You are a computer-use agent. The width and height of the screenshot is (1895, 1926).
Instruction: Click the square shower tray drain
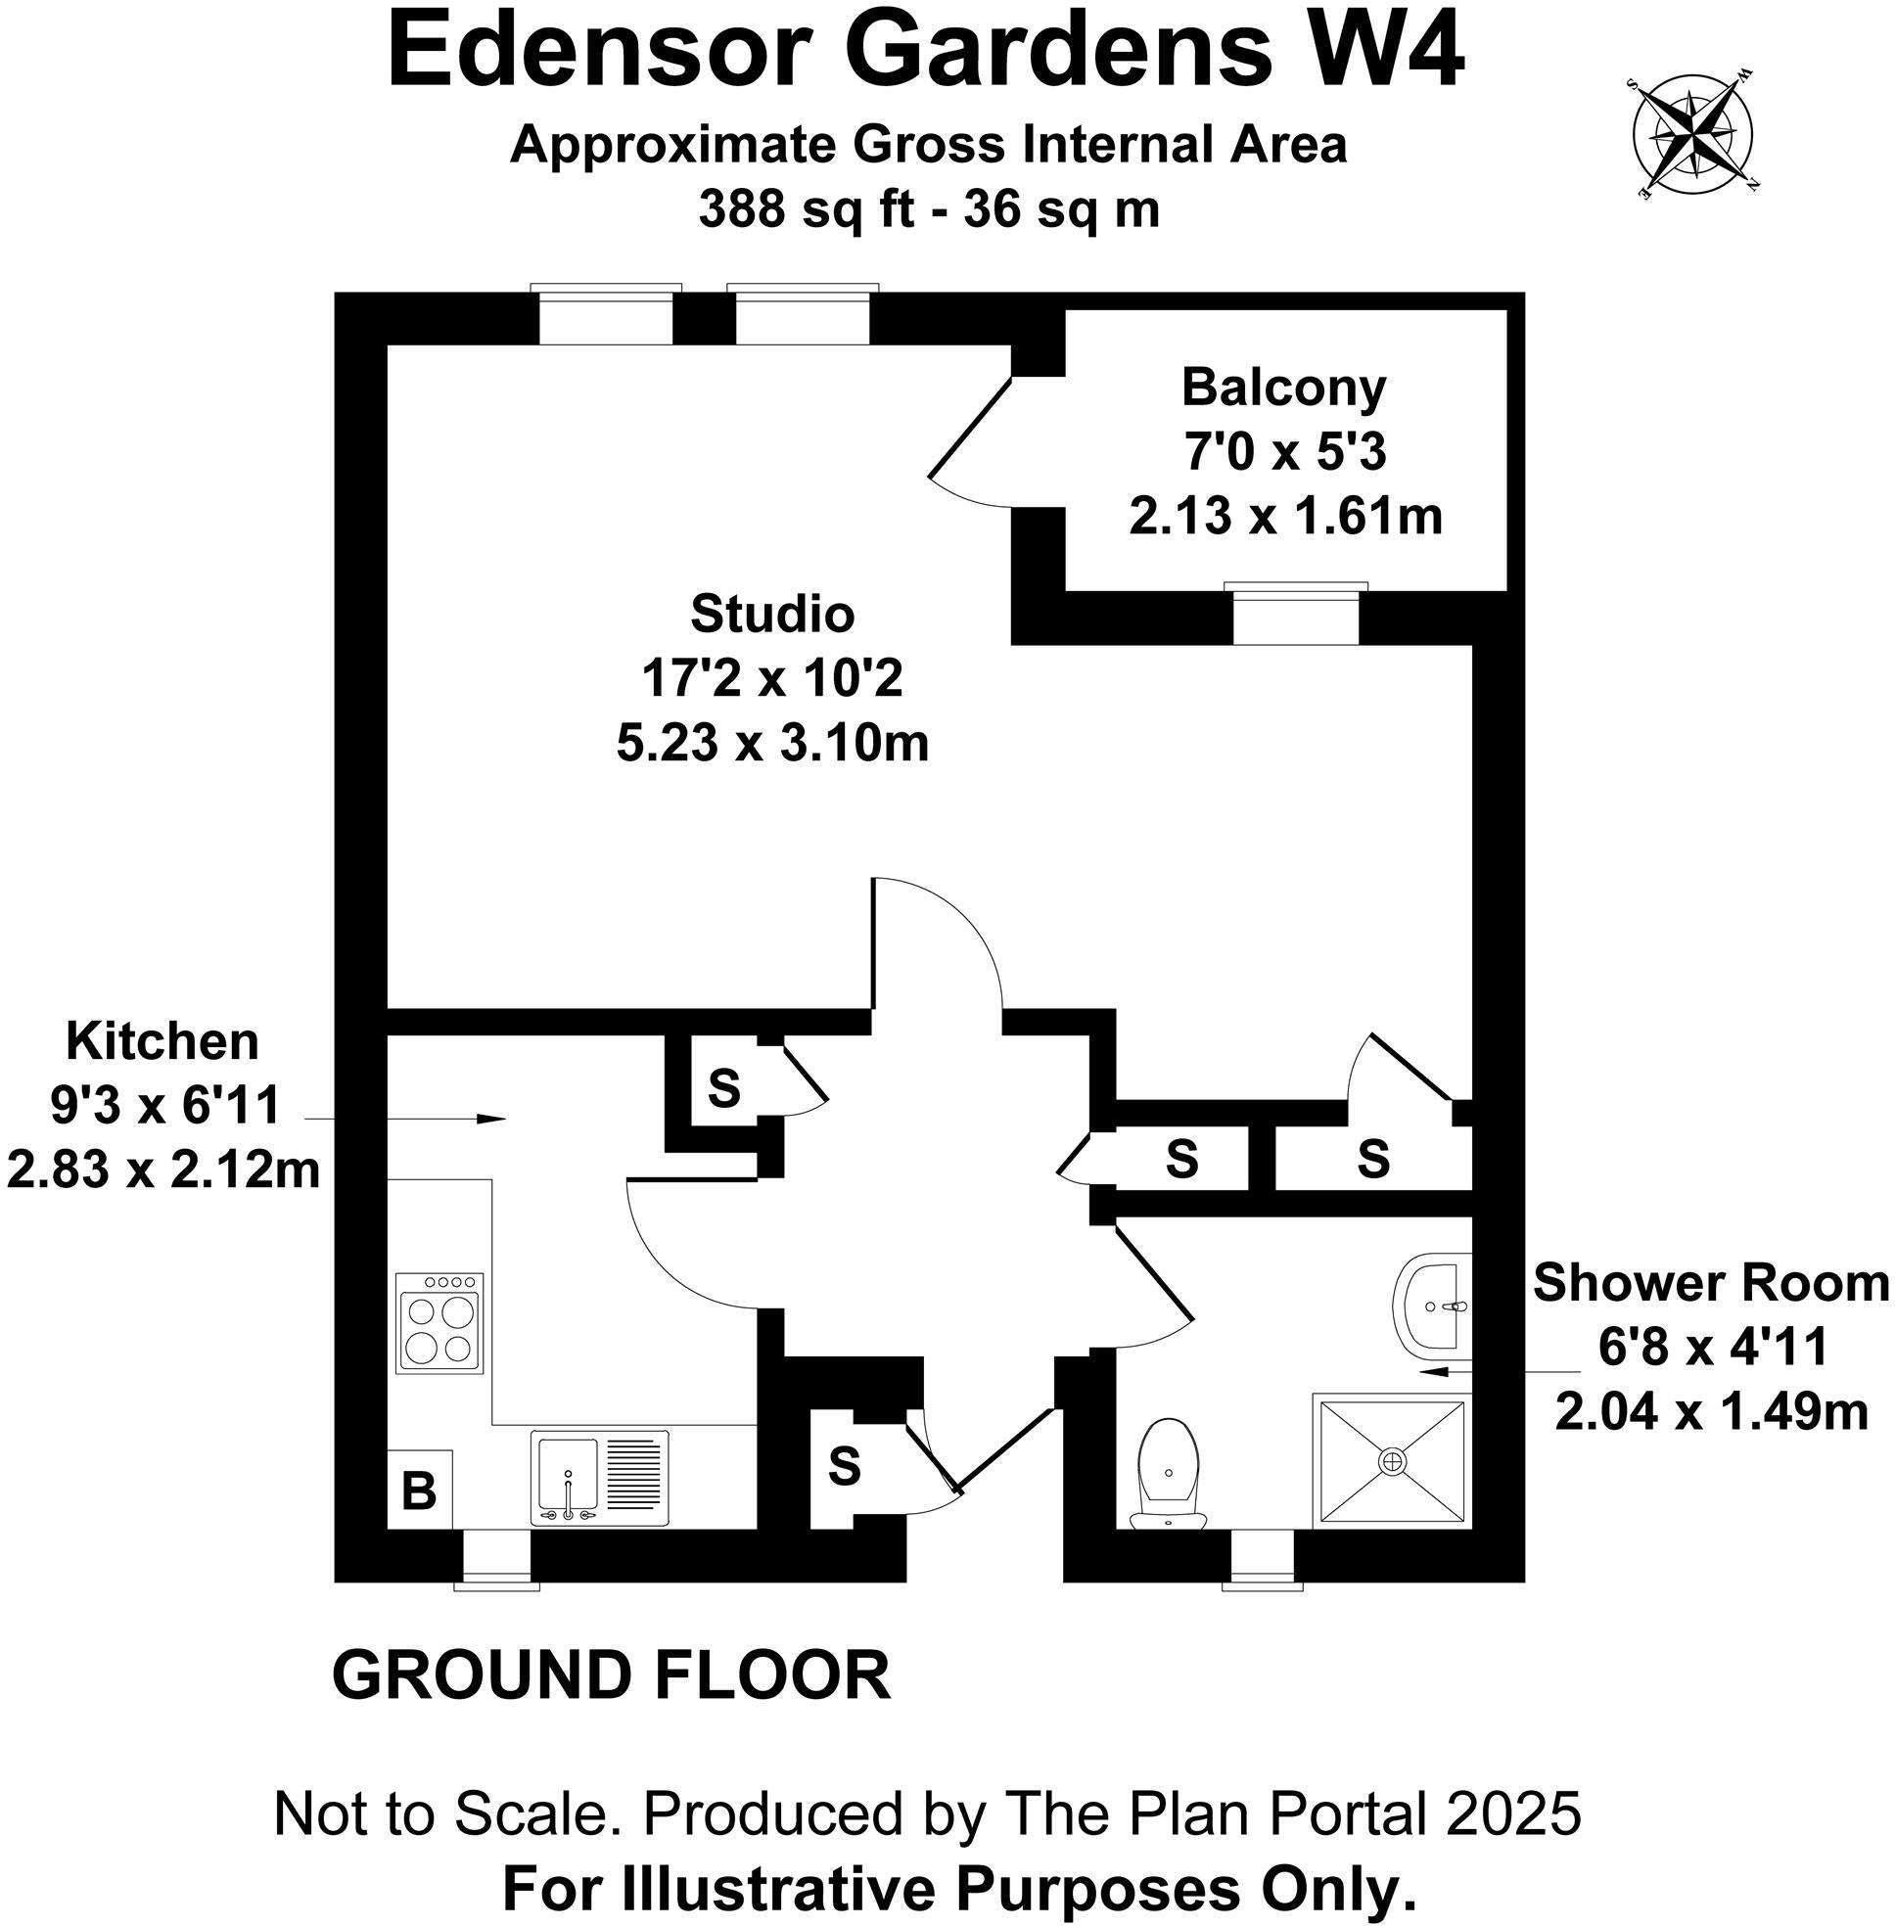tap(1391, 1460)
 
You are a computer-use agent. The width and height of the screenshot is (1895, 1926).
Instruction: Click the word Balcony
tap(1283, 388)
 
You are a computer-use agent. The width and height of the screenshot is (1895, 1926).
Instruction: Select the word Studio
tap(772, 614)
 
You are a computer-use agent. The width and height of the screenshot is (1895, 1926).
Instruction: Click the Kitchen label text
tap(162, 1042)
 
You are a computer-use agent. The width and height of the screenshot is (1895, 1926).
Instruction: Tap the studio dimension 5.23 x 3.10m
tap(772, 744)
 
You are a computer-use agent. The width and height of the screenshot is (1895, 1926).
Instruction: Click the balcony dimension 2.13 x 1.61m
tap(1285, 517)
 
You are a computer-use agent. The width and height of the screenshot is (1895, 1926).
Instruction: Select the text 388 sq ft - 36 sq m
tap(929, 210)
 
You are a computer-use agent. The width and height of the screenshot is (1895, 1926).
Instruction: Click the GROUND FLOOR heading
tap(611, 1675)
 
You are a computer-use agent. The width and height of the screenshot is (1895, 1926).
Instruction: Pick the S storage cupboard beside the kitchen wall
tap(723, 1089)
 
